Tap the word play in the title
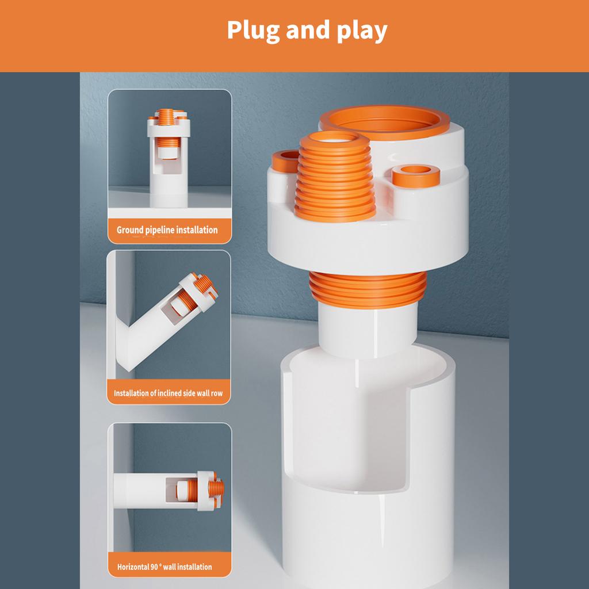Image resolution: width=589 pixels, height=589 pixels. click(x=362, y=31)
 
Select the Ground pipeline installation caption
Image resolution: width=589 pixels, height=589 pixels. click(x=167, y=230)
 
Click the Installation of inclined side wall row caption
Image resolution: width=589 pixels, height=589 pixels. click(x=169, y=393)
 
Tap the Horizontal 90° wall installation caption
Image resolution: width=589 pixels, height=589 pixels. click(x=165, y=567)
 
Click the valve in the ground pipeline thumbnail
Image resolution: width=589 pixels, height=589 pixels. click(x=169, y=158)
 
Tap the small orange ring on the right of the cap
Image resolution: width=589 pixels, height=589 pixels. click(x=416, y=175)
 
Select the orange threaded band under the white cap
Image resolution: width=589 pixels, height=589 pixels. click(x=368, y=289)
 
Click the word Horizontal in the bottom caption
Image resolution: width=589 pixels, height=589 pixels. click(x=133, y=567)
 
